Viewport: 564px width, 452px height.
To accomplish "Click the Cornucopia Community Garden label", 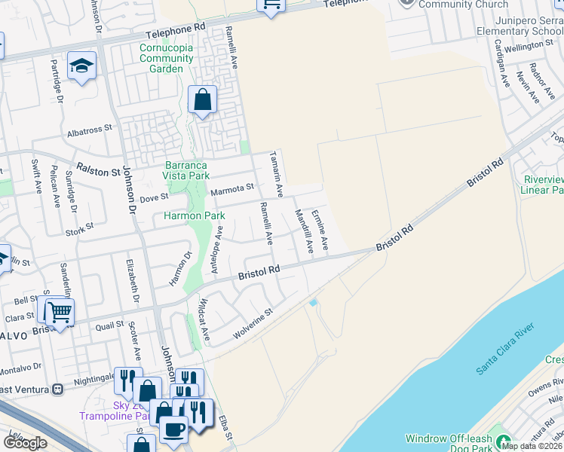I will click(x=167, y=58).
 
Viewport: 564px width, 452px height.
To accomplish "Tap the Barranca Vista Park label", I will click(x=186, y=170).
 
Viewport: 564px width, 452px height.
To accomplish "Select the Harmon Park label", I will click(x=195, y=216).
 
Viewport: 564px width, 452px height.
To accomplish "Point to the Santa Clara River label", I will click(x=505, y=347).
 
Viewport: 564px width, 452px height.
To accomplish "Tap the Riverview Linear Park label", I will click(x=544, y=185).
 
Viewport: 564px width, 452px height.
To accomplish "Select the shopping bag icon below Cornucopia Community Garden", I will click(x=203, y=99).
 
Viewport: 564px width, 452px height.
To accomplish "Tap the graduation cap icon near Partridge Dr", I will click(x=81, y=66).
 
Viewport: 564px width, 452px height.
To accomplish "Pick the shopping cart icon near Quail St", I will click(x=60, y=310).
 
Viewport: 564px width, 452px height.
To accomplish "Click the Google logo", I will click(x=25, y=443).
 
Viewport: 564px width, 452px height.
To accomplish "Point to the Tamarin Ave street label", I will click(x=276, y=175).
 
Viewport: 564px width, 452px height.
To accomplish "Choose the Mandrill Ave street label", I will click(x=303, y=231).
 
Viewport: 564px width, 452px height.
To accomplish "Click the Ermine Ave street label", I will click(x=320, y=230).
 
